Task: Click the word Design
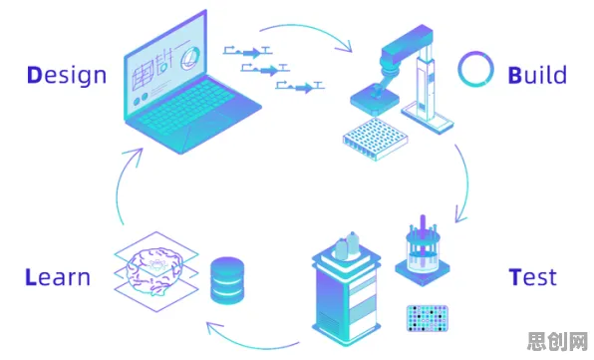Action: [67, 76]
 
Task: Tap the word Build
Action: [537, 75]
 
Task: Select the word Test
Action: [532, 277]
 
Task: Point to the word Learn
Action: [58, 277]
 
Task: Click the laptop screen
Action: [165, 65]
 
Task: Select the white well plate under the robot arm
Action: [375, 139]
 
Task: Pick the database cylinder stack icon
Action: [227, 280]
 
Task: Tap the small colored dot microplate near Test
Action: [428, 318]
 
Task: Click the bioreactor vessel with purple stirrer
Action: [423, 252]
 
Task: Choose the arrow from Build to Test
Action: [467, 182]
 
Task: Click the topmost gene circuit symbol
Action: [248, 52]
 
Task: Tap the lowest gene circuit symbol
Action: [300, 87]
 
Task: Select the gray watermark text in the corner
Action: [558, 341]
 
